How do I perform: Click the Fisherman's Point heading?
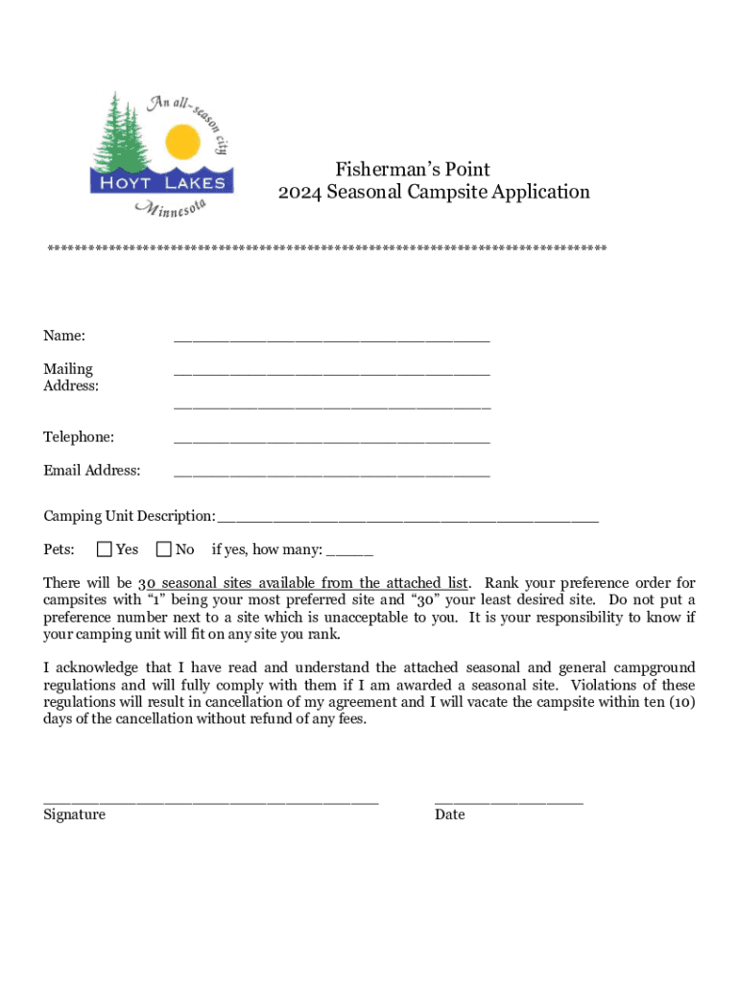413,170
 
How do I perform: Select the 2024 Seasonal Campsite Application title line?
434,193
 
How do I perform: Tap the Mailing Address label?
70,377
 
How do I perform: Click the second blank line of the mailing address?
331,408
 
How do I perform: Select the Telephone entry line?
331,441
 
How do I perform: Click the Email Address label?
91,470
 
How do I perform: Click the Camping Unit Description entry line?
408,520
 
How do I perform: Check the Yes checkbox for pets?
105,549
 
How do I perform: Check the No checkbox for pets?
164,549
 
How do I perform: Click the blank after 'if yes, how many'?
349,553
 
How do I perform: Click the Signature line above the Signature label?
211,800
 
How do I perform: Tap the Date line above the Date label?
509,800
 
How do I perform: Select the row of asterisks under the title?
327,248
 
